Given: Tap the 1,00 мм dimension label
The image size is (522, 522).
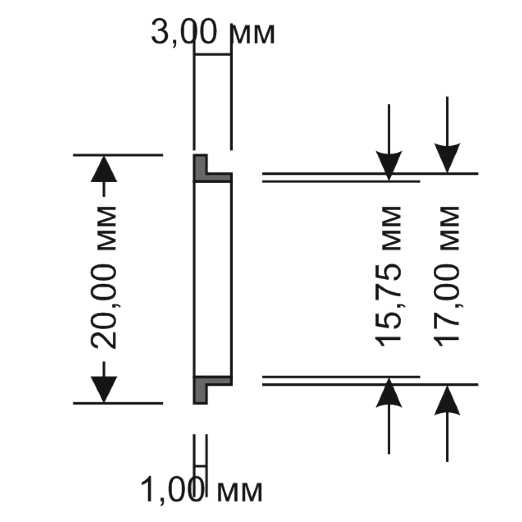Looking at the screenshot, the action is pos(203,491).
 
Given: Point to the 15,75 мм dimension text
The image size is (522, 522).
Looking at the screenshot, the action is pos(388,277).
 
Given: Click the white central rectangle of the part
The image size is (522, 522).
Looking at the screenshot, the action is pos(212,278).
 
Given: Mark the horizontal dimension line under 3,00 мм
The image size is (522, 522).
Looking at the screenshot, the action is pos(212,54).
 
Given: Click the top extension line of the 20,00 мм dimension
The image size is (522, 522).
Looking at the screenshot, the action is pos(117,155).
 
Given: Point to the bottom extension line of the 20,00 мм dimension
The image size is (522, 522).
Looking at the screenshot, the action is pos(117,403).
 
